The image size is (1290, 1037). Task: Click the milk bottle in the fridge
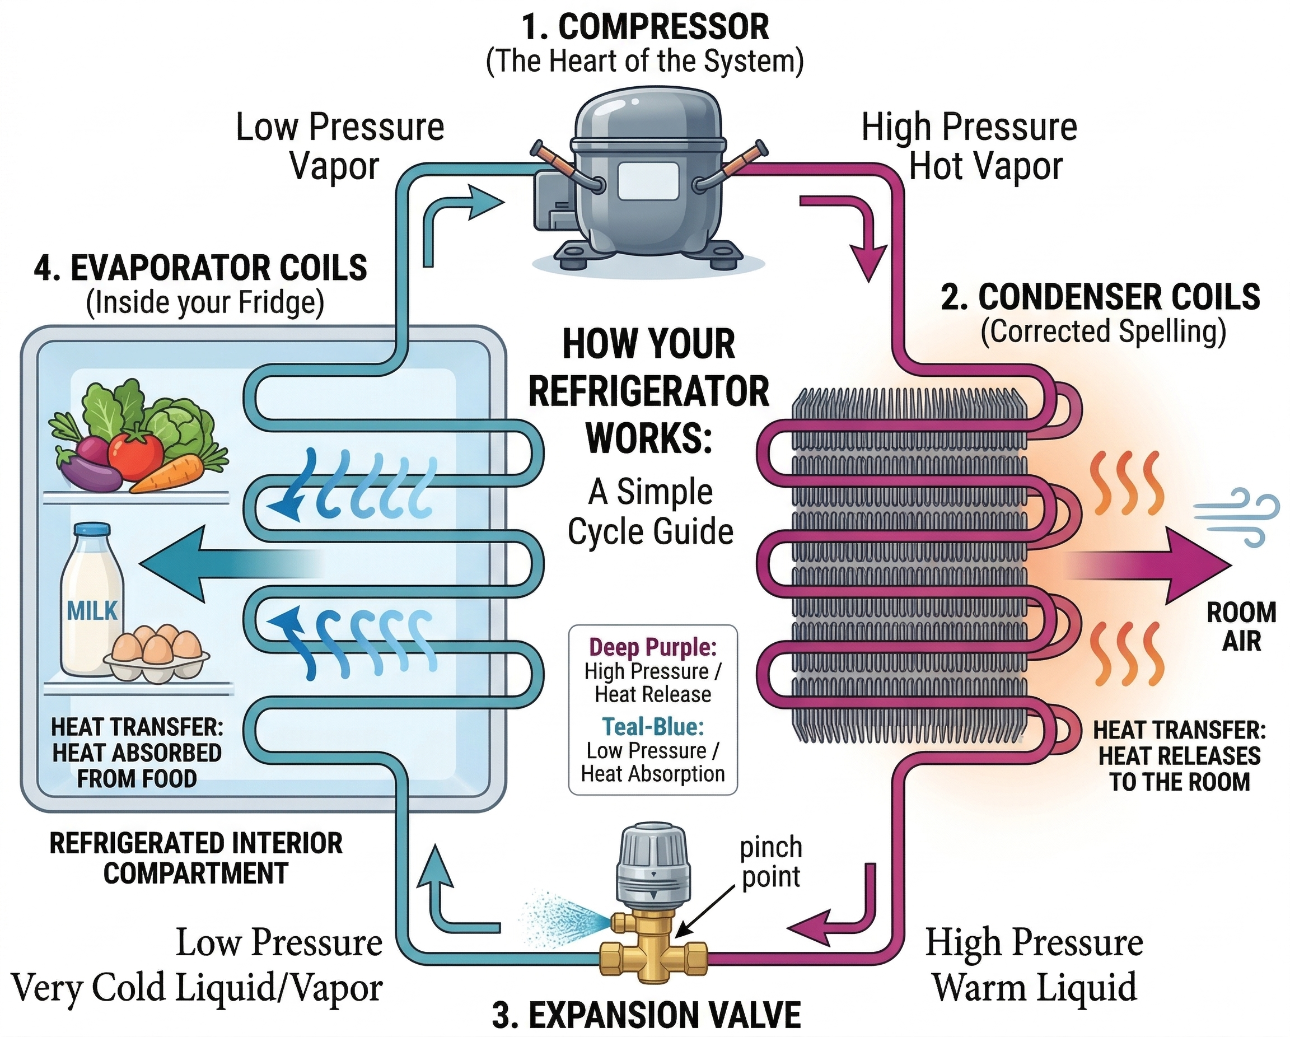tap(92, 604)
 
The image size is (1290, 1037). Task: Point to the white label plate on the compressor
tap(648, 181)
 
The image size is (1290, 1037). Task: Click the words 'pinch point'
tap(770, 862)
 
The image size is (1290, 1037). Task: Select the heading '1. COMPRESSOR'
tap(645, 27)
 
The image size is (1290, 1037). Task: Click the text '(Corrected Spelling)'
tap(1103, 331)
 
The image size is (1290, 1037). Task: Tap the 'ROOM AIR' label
tap(1241, 627)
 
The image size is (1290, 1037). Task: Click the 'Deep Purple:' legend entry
tap(653, 647)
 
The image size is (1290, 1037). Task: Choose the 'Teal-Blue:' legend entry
tap(653, 726)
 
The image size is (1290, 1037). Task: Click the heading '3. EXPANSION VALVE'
tap(646, 1014)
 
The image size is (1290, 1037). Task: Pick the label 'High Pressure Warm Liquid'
tap(1034, 965)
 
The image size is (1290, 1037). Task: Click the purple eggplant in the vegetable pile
tap(90, 470)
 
